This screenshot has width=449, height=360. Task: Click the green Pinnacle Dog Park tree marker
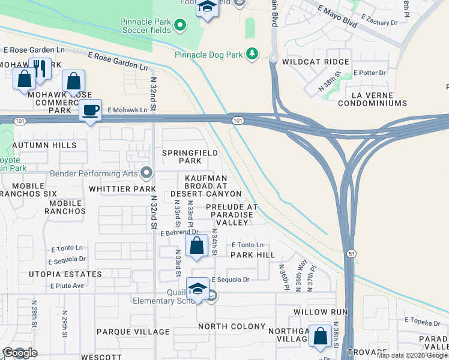253,55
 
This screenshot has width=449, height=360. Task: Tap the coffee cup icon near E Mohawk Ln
90,110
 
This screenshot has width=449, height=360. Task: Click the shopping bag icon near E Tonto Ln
196,245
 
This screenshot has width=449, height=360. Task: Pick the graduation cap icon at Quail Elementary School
198,289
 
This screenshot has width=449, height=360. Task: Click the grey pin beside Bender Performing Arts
147,174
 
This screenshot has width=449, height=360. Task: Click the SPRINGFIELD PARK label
190,157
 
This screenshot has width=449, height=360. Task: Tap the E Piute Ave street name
67,286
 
